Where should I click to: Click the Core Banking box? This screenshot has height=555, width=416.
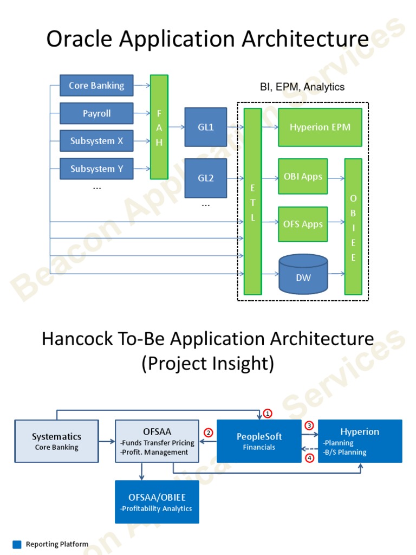click(x=96, y=86)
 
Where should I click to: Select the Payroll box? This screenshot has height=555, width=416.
click(x=96, y=113)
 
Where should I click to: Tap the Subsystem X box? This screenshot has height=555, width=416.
click(x=96, y=141)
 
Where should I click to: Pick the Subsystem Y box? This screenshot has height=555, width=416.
click(x=96, y=169)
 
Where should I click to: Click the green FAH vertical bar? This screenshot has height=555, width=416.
click(x=159, y=127)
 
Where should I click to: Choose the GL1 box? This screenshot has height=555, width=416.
click(x=206, y=127)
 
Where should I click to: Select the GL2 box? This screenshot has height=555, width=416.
click(x=206, y=178)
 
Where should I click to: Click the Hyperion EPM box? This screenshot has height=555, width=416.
click(x=320, y=127)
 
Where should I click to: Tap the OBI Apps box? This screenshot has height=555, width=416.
click(x=303, y=176)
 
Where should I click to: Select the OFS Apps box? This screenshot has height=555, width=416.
click(x=303, y=224)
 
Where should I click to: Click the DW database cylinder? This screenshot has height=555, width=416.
click(x=303, y=274)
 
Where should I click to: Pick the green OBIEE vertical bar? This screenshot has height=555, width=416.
click(x=353, y=227)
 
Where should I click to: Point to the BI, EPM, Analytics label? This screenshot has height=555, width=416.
click(x=302, y=87)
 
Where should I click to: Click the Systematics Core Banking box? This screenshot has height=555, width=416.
click(x=57, y=441)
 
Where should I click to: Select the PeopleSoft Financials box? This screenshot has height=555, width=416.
click(x=259, y=441)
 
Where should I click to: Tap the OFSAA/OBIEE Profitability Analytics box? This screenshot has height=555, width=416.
click(x=157, y=502)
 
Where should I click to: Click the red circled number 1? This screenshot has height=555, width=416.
click(x=268, y=413)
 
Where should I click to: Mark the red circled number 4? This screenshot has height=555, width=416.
click(x=309, y=458)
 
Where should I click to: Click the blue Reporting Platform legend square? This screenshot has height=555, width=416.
click(x=17, y=544)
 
